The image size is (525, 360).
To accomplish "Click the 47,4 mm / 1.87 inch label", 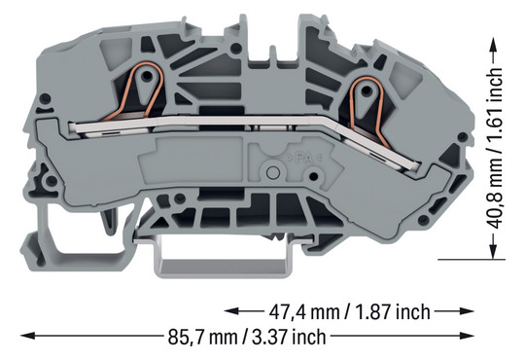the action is point(349,312).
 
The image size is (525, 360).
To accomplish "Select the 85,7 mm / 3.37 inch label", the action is point(247,337).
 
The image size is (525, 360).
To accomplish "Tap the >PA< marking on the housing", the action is point(303,158).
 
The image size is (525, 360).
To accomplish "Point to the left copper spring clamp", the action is point(135,90).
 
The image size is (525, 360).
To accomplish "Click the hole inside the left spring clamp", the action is point(146,77).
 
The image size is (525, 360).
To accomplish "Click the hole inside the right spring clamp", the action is point(367,90).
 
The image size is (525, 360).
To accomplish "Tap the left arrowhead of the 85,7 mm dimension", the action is point(27,336).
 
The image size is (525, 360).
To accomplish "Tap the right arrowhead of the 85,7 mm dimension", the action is point(467,336).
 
